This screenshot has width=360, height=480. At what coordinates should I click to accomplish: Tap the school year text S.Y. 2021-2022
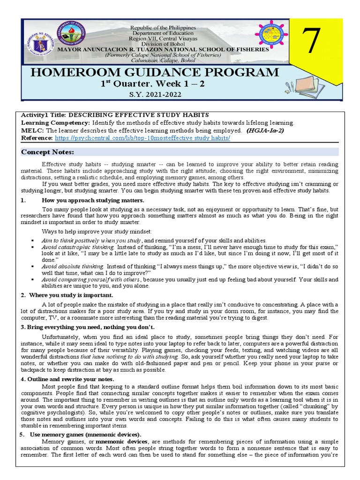[154, 94]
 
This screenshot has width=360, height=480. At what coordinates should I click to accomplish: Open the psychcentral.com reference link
[142, 138]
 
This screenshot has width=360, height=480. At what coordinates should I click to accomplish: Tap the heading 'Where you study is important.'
[70, 295]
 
